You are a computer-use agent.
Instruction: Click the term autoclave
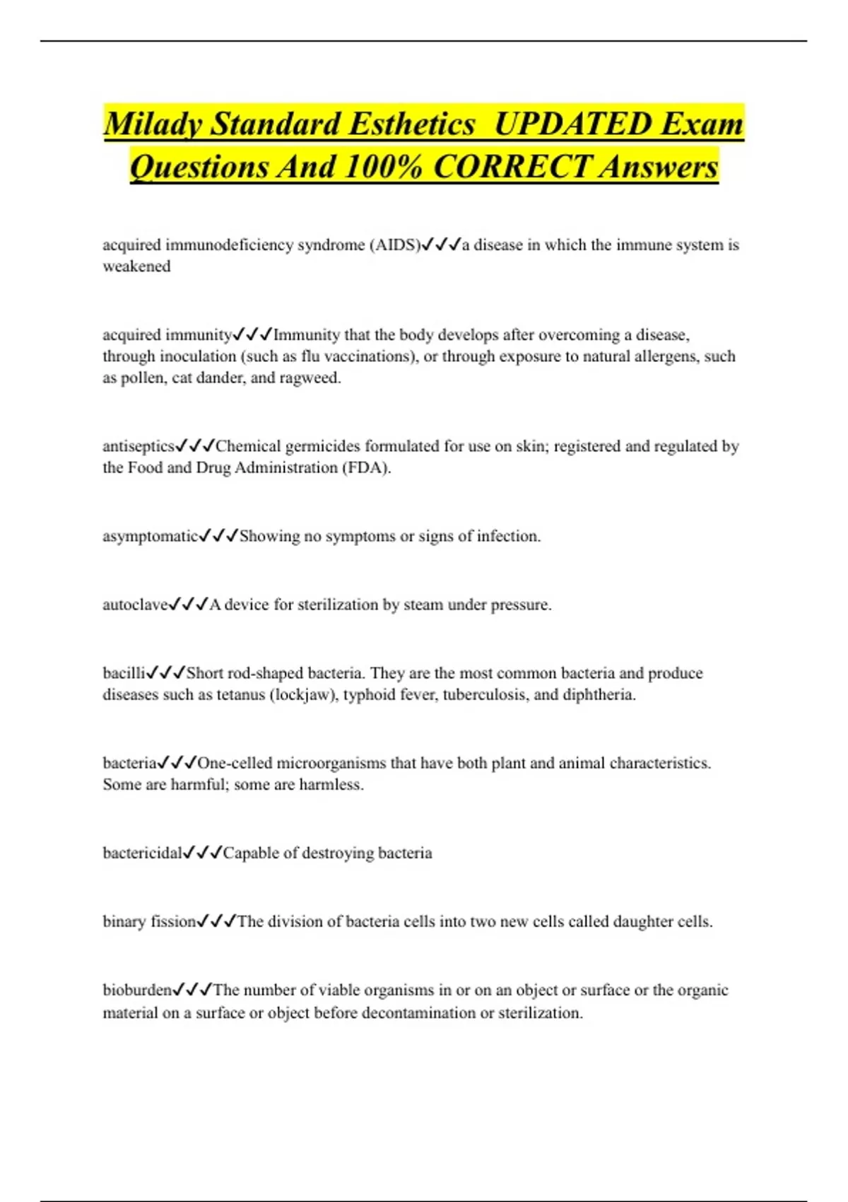[x=135, y=605]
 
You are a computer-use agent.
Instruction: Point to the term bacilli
[x=124, y=673]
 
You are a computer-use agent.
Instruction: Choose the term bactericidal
[x=142, y=853]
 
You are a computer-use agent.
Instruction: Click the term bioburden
[x=137, y=990]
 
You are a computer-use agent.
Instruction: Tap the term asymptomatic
[x=151, y=536]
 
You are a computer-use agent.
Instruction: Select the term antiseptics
[x=138, y=446]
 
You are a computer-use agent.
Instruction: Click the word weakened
[x=136, y=267]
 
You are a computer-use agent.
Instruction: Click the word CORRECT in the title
[x=512, y=167]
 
